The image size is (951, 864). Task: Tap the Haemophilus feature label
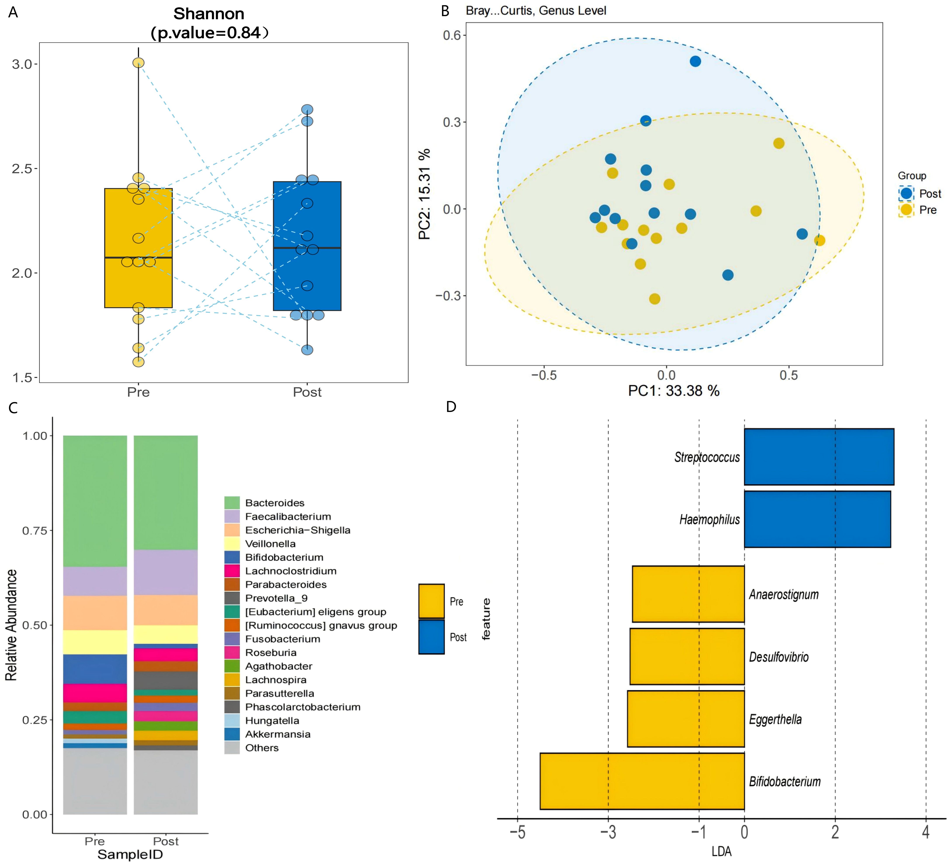[x=709, y=519]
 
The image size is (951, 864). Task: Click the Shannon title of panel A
[x=209, y=14]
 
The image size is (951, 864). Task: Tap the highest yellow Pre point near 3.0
[x=138, y=63]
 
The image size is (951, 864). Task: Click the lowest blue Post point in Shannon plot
[x=307, y=350]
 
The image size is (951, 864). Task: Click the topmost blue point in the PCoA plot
[x=695, y=61]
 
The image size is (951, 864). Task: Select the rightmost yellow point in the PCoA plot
[x=819, y=241]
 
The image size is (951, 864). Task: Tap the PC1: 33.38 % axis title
[x=674, y=391]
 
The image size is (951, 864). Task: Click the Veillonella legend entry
[x=270, y=544]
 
